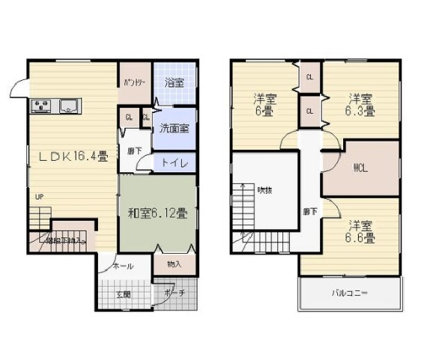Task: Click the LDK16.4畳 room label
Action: coord(73,157)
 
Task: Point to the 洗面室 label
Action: coord(174,128)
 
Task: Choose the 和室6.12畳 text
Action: coord(156,213)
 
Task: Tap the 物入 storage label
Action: coord(174,263)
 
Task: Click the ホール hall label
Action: coord(123,266)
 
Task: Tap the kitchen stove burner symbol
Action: coord(40,105)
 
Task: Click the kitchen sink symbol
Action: coord(69,105)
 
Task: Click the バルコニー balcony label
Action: coord(350,293)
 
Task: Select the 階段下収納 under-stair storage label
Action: coord(62,241)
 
